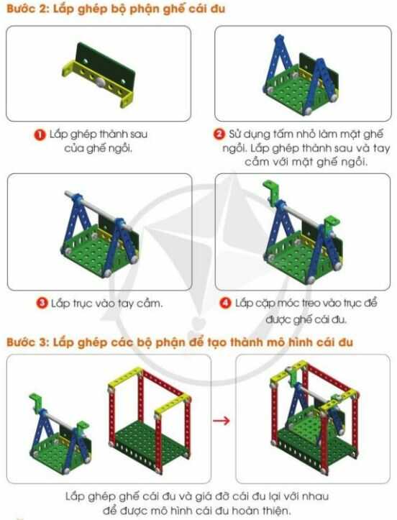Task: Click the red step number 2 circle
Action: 219,134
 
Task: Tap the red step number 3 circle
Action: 42,303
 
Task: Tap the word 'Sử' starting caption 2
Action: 238,134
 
